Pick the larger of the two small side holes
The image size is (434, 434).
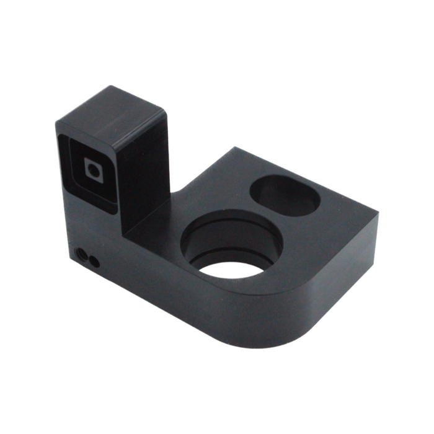(81, 252)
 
